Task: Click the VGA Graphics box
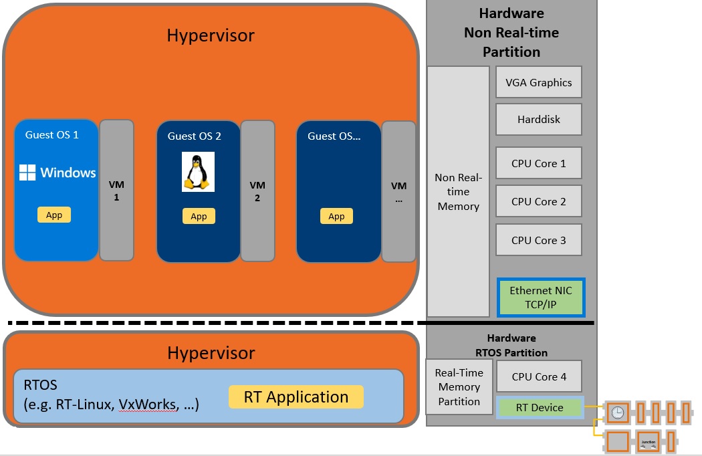[539, 82]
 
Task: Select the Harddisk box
[539, 120]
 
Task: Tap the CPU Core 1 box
[539, 163]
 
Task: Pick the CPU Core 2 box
[539, 201]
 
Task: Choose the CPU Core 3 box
[539, 240]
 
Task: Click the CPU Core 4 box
[539, 376]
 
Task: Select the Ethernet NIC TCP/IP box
[541, 298]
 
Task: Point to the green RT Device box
[540, 407]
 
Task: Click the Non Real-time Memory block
[458, 191]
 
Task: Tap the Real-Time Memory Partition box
[459, 386]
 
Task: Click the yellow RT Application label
[296, 397]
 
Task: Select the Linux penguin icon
[198, 173]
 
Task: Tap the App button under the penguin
[199, 216]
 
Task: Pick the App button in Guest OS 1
[54, 215]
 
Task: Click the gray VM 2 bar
[257, 191]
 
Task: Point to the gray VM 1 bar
[116, 190]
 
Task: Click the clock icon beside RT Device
[617, 413]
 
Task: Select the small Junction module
[647, 442]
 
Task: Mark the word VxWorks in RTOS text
[142, 405]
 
